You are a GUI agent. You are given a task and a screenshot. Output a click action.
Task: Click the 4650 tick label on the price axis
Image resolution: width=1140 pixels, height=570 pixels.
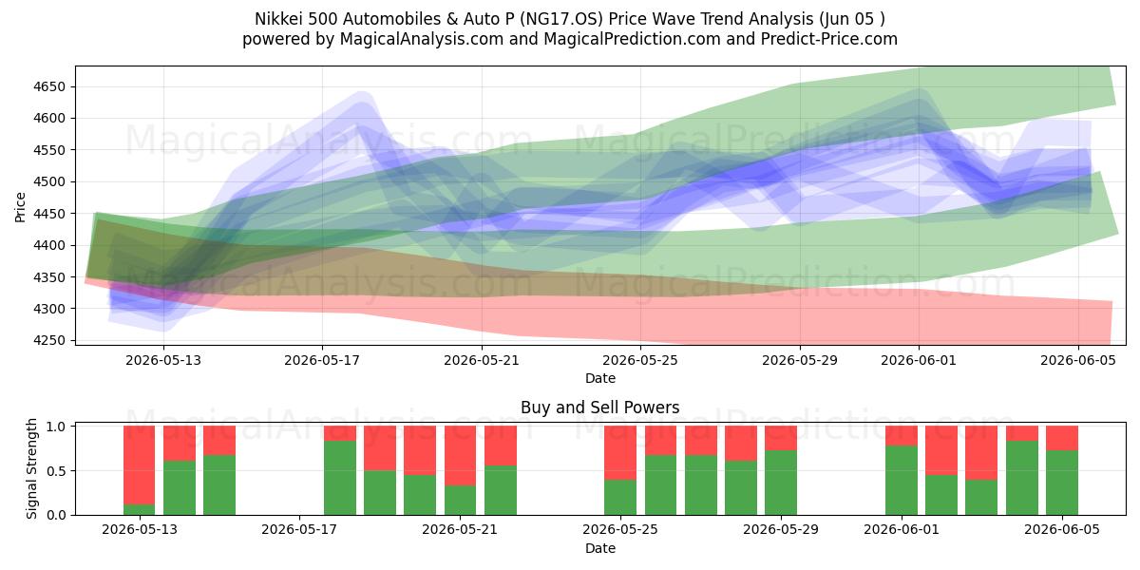[x=49, y=87]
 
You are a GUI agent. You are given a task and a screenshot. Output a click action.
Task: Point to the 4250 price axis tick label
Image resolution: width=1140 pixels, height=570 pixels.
[x=49, y=340]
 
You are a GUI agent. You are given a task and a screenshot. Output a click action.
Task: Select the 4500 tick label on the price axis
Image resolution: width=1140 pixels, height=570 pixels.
[x=49, y=182]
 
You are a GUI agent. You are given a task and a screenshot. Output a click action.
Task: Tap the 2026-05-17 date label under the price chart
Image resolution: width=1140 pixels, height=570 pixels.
[x=322, y=361]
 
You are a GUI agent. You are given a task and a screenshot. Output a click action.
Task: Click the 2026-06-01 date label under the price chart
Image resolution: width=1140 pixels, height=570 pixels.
[x=919, y=361]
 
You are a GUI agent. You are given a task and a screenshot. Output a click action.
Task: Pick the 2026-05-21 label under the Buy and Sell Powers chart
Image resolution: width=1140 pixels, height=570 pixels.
[x=460, y=530]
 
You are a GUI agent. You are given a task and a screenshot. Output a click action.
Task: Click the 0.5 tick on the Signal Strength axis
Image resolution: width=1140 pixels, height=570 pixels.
[x=56, y=471]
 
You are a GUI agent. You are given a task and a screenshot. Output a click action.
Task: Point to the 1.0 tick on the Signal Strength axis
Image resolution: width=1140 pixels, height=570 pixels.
[x=56, y=427]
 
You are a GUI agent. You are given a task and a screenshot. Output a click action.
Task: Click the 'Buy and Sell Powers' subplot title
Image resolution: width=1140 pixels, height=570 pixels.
[x=600, y=408]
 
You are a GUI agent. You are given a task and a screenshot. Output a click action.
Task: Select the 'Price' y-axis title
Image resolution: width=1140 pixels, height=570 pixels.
[x=20, y=207]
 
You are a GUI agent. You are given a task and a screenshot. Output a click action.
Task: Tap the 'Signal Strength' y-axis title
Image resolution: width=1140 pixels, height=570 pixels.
[x=31, y=468]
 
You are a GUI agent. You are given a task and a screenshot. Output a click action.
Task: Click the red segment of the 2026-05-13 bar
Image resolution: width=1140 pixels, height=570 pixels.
[x=139, y=465]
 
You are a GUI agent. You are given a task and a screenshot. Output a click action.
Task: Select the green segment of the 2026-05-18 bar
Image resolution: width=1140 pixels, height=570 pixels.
[x=340, y=478]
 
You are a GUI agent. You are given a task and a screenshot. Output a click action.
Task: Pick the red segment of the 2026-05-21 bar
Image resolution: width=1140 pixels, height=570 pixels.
[x=460, y=455]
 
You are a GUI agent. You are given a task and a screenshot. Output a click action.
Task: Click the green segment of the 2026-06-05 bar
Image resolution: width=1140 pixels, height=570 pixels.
[x=1062, y=483]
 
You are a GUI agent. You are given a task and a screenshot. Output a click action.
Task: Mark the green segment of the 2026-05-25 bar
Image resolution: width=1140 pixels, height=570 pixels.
[x=620, y=497]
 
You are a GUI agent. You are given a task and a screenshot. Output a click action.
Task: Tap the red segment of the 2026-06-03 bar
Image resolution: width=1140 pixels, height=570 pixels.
[x=981, y=453]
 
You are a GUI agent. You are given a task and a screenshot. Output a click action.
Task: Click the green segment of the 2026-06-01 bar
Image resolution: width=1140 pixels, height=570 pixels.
[x=902, y=481]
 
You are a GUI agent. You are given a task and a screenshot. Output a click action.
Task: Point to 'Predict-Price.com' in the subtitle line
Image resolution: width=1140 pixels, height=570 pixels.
[x=829, y=39]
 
